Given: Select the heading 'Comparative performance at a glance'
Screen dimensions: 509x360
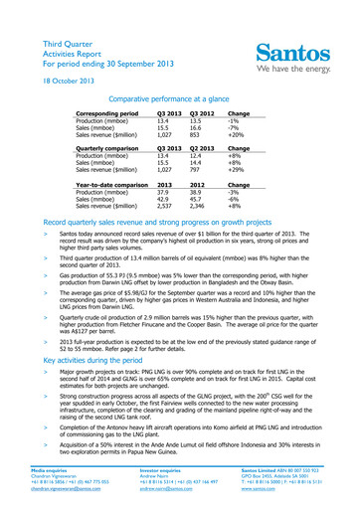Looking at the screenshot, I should point(179,76).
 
